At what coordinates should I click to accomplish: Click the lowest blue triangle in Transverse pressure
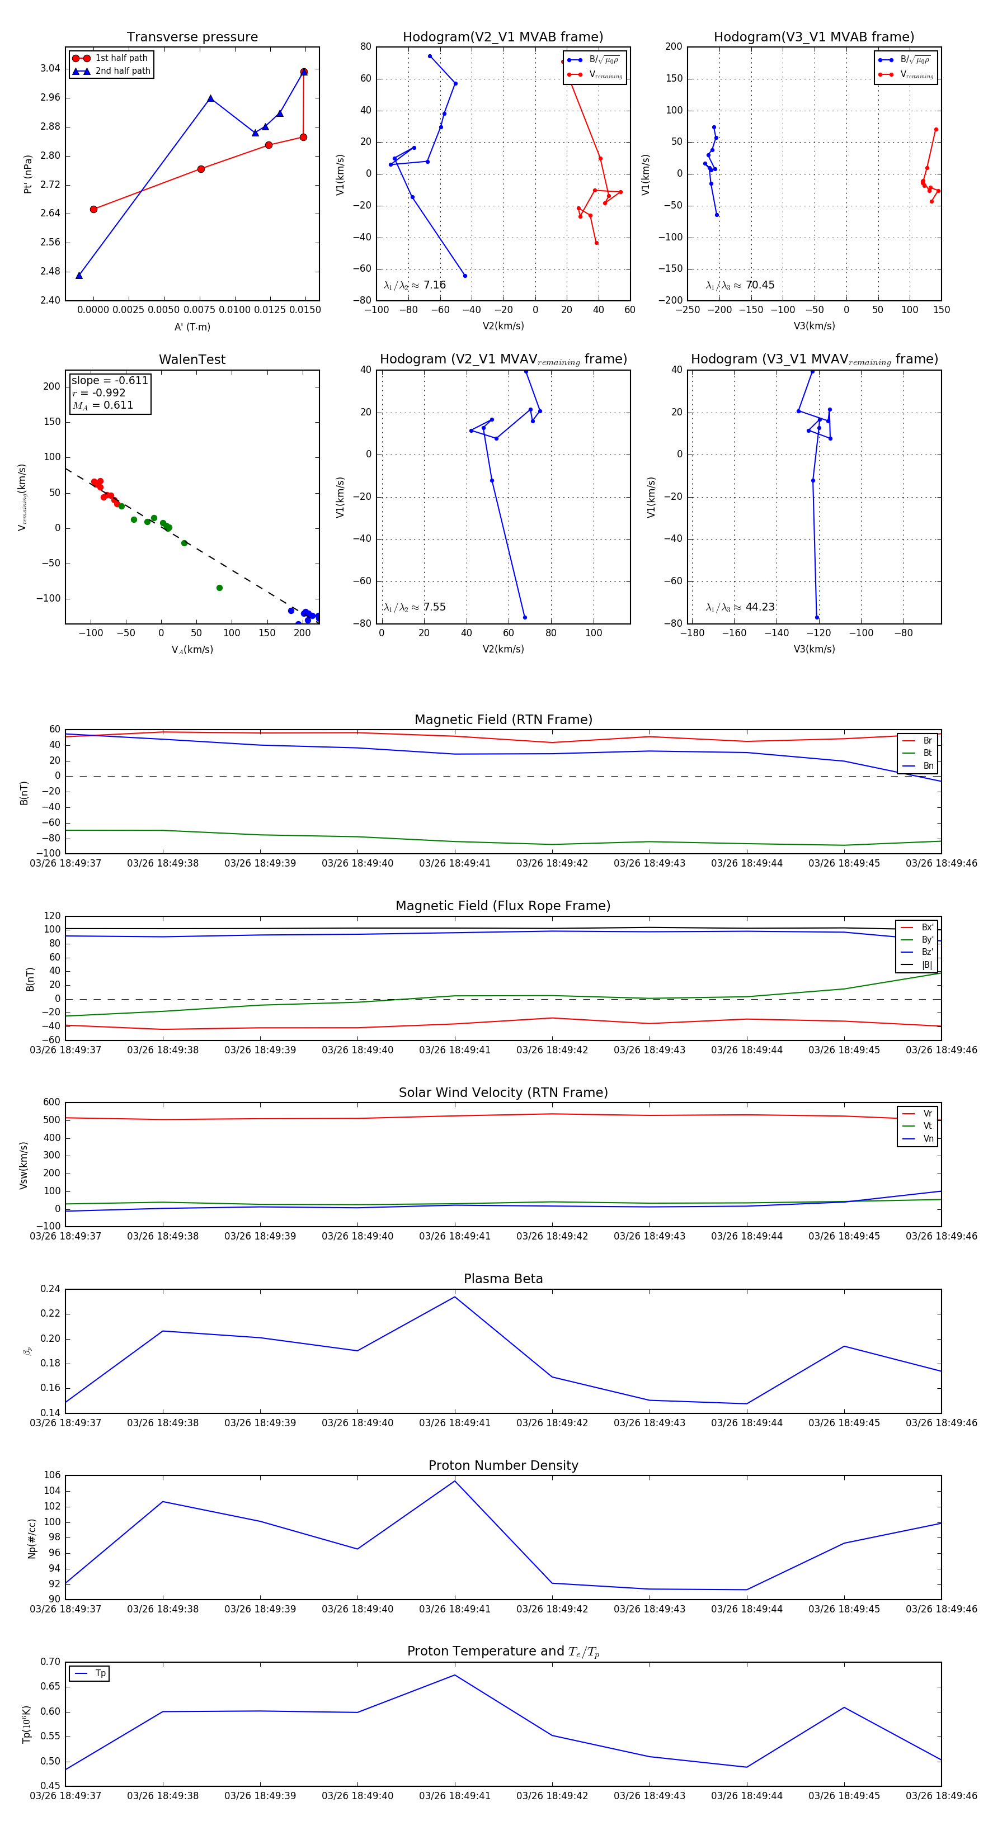(x=79, y=276)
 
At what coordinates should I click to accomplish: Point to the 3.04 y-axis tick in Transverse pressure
(x=50, y=69)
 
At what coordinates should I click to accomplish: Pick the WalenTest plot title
(x=192, y=359)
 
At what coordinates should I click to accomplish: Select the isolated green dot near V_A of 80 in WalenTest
(x=219, y=588)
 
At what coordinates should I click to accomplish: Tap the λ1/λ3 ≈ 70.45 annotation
(x=740, y=285)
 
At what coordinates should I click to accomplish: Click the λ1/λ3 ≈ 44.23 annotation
(x=740, y=607)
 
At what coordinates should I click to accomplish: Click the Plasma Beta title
(x=503, y=1279)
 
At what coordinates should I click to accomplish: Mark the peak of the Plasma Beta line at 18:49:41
(x=454, y=1297)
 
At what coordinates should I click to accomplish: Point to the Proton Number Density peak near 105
(x=454, y=1481)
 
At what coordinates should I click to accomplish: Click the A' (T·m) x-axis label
(x=192, y=327)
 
